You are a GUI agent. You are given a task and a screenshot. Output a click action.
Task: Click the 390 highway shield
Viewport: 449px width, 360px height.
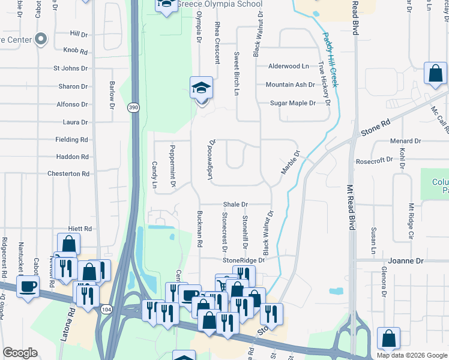click(133, 107)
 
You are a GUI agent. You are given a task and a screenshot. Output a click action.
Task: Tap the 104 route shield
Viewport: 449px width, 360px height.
click(106, 309)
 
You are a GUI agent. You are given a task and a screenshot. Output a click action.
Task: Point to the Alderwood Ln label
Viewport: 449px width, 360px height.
click(288, 67)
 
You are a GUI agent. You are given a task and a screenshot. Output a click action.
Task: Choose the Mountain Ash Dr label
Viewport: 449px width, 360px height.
click(290, 85)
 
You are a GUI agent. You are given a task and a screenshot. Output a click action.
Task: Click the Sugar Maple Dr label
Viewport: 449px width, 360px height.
click(292, 103)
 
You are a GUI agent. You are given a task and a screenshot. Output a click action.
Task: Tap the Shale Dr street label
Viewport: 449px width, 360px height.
click(235, 204)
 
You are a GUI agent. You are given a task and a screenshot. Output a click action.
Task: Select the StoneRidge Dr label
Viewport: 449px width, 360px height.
click(243, 260)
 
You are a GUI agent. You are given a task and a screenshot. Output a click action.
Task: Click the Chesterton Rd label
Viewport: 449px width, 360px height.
click(69, 174)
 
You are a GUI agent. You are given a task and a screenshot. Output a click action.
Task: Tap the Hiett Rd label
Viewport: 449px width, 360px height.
click(80, 229)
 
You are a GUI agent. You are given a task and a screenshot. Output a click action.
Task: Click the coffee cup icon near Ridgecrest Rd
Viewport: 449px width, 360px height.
click(28, 286)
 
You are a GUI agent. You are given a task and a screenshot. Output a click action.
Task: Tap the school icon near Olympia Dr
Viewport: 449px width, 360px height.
click(202, 88)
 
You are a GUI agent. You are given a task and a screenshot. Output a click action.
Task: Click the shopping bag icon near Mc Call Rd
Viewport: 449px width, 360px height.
click(435, 74)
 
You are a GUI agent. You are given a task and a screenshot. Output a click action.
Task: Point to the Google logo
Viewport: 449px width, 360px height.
click(20, 353)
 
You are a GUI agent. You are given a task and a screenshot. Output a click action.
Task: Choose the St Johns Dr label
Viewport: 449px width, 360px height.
click(71, 69)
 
